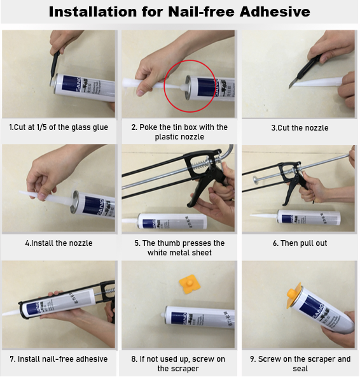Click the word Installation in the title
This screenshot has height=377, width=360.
click(93, 11)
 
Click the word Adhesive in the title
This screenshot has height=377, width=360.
click(275, 11)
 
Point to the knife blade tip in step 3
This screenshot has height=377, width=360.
click(289, 89)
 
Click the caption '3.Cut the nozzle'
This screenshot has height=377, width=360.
click(300, 127)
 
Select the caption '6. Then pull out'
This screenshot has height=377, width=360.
click(300, 243)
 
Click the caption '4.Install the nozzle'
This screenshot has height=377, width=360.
click(59, 243)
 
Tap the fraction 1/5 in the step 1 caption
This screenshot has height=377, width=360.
click(42, 127)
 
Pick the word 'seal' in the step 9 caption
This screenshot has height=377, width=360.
click(300, 369)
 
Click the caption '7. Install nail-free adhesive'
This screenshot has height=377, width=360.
click(59, 359)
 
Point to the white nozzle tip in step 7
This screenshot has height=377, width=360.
click(4, 314)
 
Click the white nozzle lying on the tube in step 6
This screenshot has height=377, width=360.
click(264, 214)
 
